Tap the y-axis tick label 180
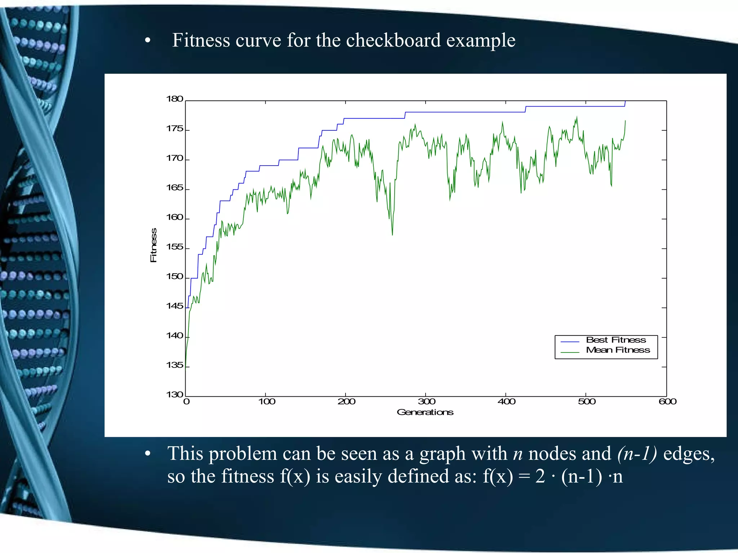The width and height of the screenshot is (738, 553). [174, 99]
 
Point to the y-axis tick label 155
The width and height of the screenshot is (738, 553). [174, 247]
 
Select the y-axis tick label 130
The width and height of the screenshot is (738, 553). [174, 395]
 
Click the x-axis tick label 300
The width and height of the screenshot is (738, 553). [426, 402]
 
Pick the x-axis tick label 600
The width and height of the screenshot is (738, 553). [667, 402]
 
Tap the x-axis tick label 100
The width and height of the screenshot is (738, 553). [266, 402]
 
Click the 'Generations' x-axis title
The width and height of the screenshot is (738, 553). [425, 412]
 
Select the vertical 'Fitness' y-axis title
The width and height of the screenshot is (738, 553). [154, 245]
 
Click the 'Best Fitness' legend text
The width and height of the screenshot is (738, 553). [616, 340]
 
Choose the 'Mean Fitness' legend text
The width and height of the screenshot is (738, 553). [618, 350]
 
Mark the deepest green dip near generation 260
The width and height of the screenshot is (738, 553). [392, 234]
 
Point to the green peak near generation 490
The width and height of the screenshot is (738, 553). [577, 117]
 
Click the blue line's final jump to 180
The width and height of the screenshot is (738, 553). [625, 104]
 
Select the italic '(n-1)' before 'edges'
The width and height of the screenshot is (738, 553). [637, 453]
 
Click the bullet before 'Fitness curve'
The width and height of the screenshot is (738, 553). [147, 41]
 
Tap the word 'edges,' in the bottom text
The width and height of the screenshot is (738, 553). [689, 453]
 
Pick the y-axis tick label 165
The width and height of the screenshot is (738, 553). [174, 188]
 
